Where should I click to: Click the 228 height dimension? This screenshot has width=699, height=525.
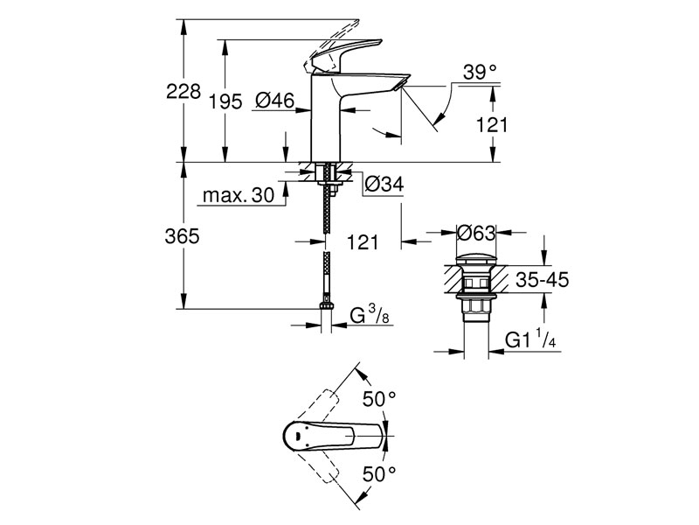point(183,91)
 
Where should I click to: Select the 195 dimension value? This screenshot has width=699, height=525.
point(225,102)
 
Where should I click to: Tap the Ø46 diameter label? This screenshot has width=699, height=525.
point(273,101)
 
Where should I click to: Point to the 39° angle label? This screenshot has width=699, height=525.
point(480,73)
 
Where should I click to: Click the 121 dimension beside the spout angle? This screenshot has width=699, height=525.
point(492,125)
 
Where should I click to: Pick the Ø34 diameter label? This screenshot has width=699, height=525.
point(381,184)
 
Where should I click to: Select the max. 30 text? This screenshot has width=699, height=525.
point(238,195)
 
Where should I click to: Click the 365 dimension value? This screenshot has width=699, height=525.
point(183,236)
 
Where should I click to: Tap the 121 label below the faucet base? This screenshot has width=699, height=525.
point(362,242)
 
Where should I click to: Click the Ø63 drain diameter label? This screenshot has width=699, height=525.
point(477,234)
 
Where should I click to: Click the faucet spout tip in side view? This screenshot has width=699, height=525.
point(398,85)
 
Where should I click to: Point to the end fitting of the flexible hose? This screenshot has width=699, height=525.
point(327,307)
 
